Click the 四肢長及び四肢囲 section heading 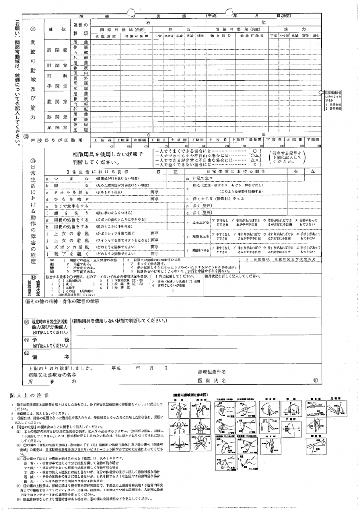coord(53,140)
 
